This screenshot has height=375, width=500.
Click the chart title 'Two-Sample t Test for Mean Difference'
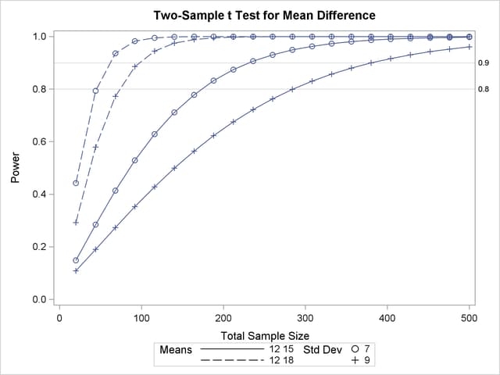265,16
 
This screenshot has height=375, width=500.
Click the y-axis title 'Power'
15,168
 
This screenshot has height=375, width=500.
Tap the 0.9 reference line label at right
484,62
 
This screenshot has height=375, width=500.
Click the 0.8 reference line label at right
484,89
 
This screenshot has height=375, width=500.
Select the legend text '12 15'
282,349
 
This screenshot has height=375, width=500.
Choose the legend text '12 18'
282,361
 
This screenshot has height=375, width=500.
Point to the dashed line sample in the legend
232,361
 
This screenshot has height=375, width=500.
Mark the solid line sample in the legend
232,349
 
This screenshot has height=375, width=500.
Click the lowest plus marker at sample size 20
76,270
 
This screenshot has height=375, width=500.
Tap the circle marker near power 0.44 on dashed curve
76,183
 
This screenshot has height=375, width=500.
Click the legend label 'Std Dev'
322,349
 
